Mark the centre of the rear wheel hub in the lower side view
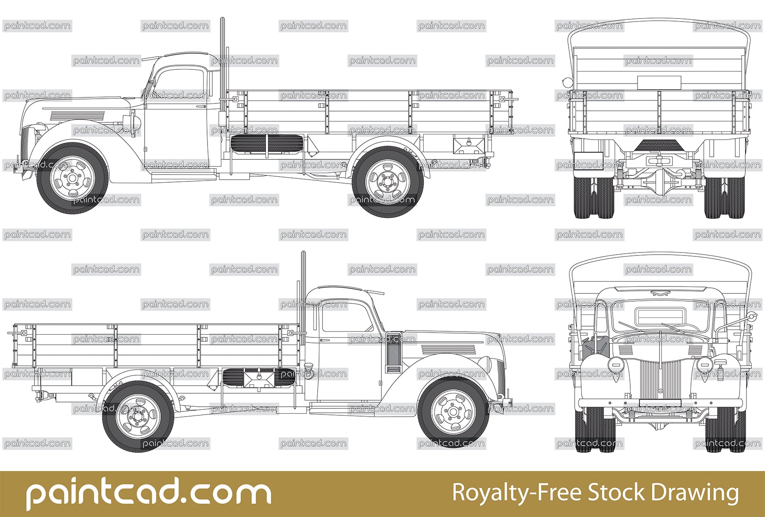pos(138,417)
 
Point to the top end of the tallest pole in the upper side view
pos(222,18)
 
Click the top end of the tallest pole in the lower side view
pos(303,252)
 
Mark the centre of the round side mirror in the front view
pos(751,317)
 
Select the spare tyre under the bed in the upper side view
pos(266,143)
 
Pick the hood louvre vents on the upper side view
pos(77,115)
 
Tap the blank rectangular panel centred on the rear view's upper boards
pos(659,82)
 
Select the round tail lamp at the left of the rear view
pos(567,81)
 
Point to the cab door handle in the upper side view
pos(201,106)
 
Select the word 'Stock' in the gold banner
pos(616,492)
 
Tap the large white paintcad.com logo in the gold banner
pos(149,495)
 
